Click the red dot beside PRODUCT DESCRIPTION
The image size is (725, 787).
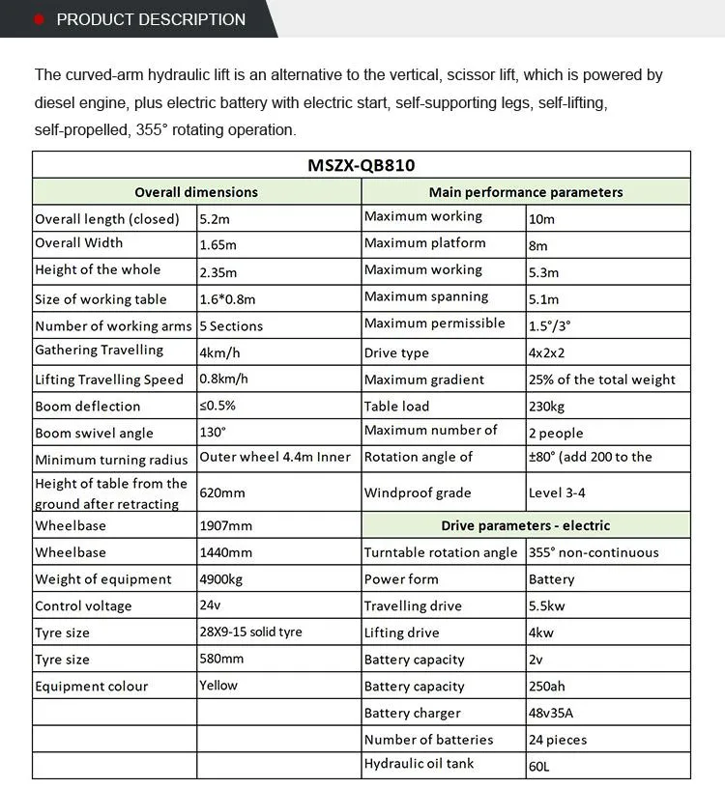[x=39, y=19]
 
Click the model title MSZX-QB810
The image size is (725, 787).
[x=362, y=165]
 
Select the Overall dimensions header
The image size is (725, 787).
[x=196, y=192]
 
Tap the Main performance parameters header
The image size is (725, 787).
[x=526, y=192]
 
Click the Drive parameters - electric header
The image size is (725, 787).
[x=526, y=526]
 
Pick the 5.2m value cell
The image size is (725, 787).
[x=214, y=219]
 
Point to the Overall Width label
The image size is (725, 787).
[x=79, y=243]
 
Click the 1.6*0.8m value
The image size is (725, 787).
[x=228, y=299]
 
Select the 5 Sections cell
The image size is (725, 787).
[x=231, y=326]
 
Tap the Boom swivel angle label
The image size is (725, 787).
[x=94, y=434]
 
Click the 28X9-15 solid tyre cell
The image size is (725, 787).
[x=250, y=632]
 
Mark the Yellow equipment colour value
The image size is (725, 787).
[x=218, y=686]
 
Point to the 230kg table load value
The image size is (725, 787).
[x=546, y=407]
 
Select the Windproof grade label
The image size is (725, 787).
[x=418, y=493]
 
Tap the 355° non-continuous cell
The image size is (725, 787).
[x=594, y=552]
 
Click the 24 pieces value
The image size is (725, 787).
[x=558, y=740]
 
